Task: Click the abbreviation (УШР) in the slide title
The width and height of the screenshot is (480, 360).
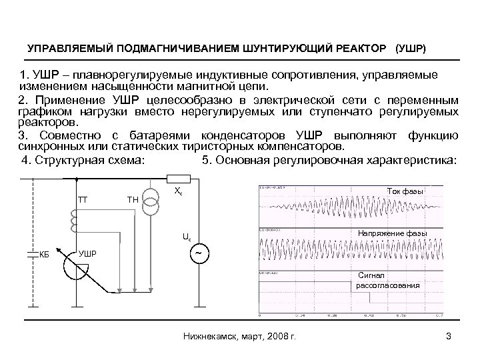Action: click(x=413, y=49)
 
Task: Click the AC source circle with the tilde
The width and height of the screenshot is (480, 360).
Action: click(x=200, y=254)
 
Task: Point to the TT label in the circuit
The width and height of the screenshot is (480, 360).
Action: click(x=83, y=199)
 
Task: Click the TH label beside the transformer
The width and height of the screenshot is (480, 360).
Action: click(x=133, y=199)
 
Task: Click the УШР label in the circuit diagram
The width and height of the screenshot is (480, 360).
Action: click(x=87, y=253)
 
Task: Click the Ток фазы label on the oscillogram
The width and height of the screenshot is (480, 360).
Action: click(x=405, y=192)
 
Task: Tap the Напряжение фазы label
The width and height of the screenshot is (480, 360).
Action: click(x=392, y=232)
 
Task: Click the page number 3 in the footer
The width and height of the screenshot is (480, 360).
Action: click(x=449, y=335)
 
